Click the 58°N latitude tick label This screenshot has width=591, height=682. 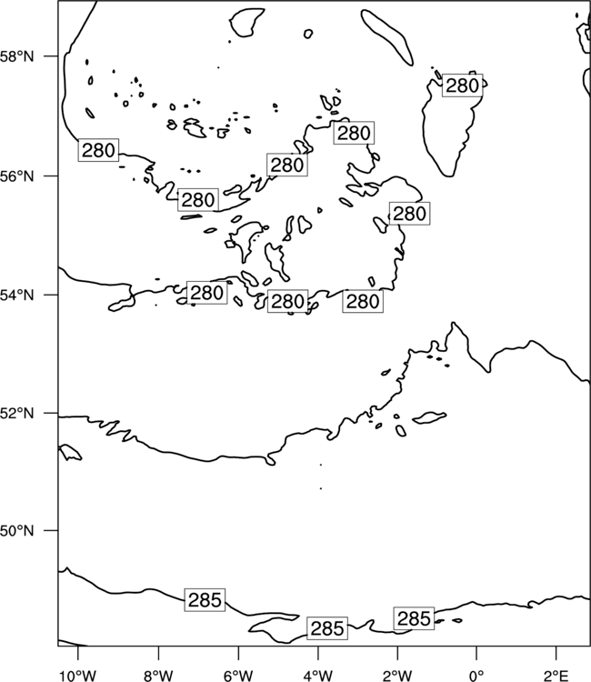point(16,56)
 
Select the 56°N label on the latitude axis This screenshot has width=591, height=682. point(16,176)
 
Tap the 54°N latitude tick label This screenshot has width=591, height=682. point(16,296)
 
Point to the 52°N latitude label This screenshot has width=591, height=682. point(16,413)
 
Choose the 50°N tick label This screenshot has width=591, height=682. point(16,531)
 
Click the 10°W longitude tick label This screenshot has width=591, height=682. point(78,676)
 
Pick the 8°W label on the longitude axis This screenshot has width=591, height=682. point(158,676)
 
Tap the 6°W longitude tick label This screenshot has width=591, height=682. point(238,676)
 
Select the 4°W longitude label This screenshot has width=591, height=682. point(318,676)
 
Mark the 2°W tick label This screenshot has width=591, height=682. point(397,676)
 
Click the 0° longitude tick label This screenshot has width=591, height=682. point(476,676)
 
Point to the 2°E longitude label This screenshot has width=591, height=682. point(556,676)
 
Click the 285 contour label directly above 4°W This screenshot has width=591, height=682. point(327,628)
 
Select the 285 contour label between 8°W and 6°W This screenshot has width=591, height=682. point(205,600)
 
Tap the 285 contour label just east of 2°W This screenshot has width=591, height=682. point(414,618)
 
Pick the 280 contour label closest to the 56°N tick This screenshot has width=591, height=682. point(98,150)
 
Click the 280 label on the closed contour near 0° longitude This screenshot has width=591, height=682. point(462,85)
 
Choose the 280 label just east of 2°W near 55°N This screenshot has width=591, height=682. point(409,214)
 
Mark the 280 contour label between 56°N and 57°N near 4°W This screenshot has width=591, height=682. point(354,133)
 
